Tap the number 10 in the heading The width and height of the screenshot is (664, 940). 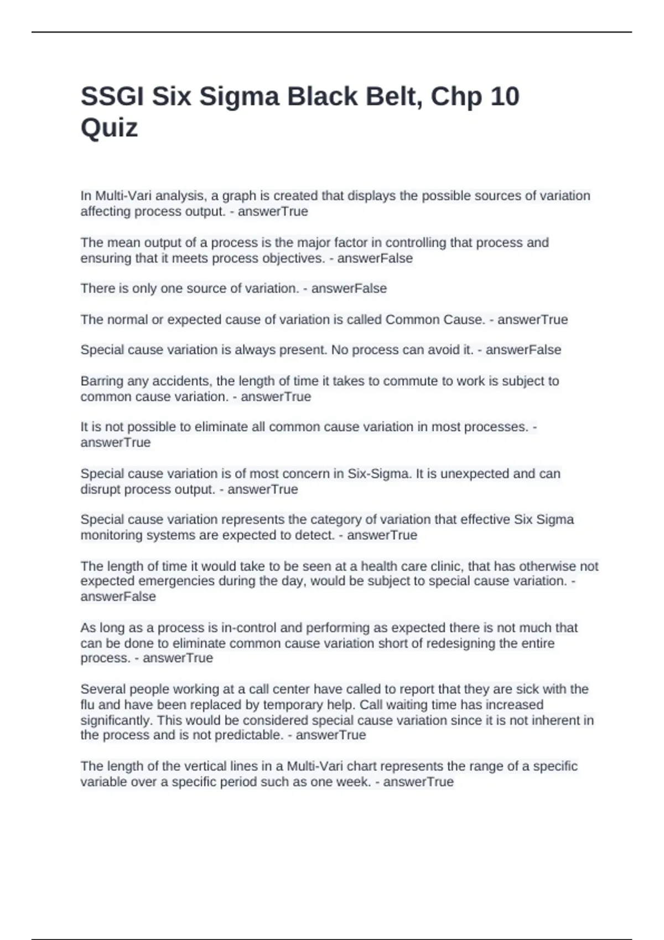click(504, 97)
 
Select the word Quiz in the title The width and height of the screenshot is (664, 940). click(109, 128)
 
